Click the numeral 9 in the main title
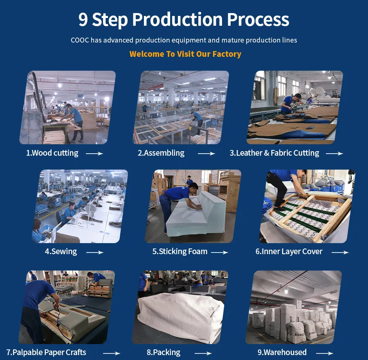83,20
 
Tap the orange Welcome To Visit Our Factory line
185,54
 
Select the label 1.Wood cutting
52,153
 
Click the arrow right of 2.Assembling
206,154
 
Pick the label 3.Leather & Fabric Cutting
274,153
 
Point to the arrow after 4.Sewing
94,253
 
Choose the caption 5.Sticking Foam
180,252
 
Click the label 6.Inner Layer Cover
289,252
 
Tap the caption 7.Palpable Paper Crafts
46,352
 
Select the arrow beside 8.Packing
203,353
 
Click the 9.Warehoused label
282,352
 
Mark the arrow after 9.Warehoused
324,353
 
